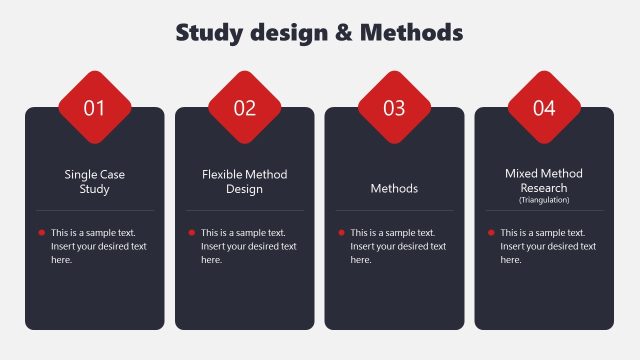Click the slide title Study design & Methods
pos(319,33)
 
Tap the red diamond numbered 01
pos(95,108)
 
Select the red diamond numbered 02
pos(245,108)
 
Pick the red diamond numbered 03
pos(394,108)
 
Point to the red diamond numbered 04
pos(544,108)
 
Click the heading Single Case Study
pos(94,181)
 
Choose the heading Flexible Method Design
pos(244,181)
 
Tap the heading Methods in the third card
pos(394,188)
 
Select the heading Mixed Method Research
pos(544,180)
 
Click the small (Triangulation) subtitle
pos(544,200)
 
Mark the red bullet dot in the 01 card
pos(41,232)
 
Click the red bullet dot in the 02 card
pos(191,232)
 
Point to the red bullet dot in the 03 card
pos(340,232)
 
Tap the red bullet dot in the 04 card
pos(490,232)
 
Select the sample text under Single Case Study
pos(98,246)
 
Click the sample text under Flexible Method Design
pos(248,246)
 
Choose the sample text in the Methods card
pos(398,246)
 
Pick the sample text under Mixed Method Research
pos(548,246)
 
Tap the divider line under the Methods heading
pos(394,211)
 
